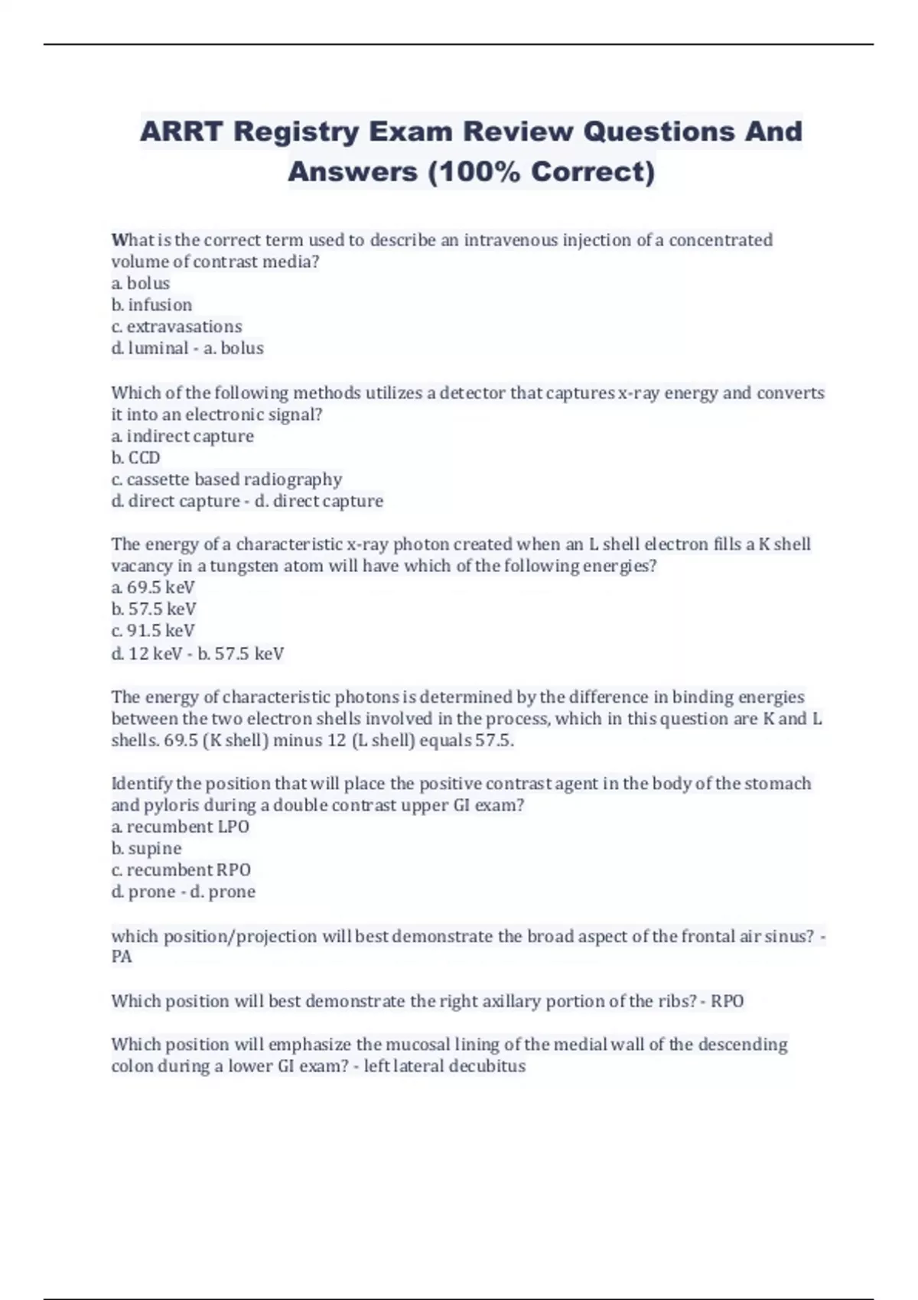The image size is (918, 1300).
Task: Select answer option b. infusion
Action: coord(151,305)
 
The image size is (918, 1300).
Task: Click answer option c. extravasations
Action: coord(177,327)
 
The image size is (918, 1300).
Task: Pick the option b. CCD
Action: coord(135,458)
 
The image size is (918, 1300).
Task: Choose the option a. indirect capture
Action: coord(182,437)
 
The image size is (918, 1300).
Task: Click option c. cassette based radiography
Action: coord(226,479)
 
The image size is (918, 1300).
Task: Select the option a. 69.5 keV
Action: coord(153,588)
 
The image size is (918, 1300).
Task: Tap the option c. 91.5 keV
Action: coord(153,631)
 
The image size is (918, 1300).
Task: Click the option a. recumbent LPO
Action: coord(180,827)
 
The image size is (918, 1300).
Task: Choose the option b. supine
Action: coord(146,849)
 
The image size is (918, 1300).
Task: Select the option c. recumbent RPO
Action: coord(181,870)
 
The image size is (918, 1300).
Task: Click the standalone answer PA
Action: coord(122,957)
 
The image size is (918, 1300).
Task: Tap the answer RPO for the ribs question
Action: coord(727,1002)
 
